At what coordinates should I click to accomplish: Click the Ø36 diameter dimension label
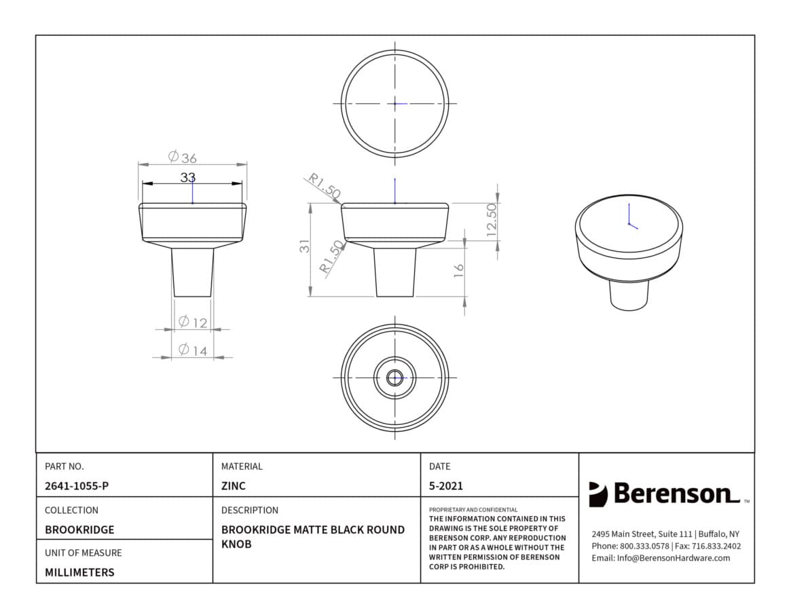(183, 157)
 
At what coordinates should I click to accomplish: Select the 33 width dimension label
(187, 178)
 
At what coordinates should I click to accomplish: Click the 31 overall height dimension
(305, 246)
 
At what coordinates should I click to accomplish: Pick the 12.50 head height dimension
(492, 220)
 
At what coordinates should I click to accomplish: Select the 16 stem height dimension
(458, 270)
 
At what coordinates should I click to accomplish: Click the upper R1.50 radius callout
(325, 185)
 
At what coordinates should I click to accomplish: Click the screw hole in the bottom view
(394, 377)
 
